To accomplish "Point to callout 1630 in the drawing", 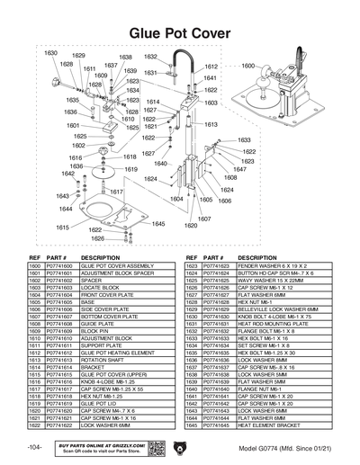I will click(x=51, y=54).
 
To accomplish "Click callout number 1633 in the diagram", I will click(x=244, y=141).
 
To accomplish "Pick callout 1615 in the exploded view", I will click(x=63, y=228).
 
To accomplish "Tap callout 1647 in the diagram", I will click(x=239, y=169).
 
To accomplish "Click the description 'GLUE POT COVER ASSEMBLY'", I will click(x=118, y=266).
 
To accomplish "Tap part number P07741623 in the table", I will click(x=214, y=266).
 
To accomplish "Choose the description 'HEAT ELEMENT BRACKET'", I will click(x=269, y=425).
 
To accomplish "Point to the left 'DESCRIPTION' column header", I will click(x=101, y=257).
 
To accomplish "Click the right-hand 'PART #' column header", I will click(x=212, y=257).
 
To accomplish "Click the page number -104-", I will click(x=34, y=447).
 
